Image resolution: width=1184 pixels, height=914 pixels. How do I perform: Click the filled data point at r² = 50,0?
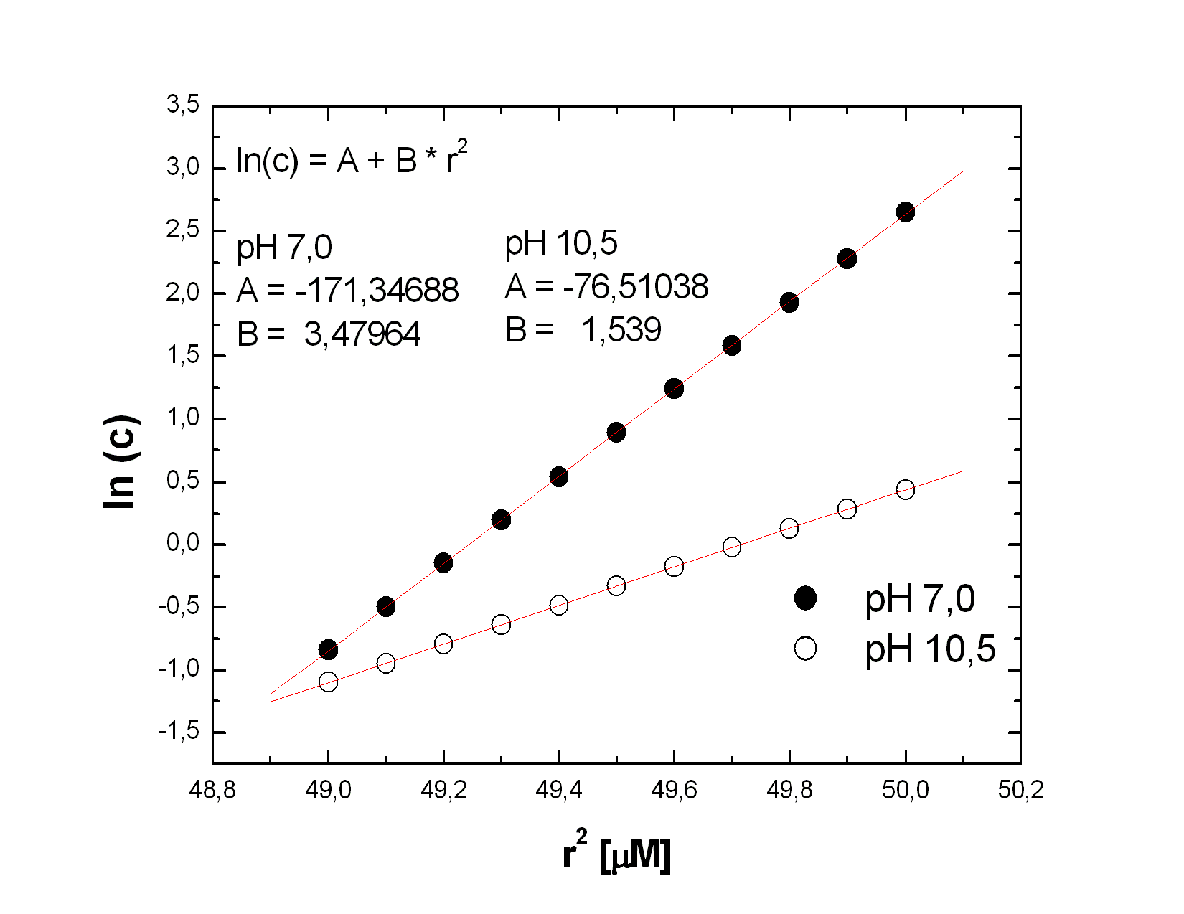point(905,212)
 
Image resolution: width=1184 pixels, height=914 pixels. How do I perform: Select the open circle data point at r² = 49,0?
point(328,682)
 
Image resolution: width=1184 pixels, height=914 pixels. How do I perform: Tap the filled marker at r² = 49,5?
point(616,432)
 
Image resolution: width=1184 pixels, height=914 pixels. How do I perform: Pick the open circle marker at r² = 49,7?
point(731,547)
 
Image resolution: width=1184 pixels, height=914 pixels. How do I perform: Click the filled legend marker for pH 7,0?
point(805,598)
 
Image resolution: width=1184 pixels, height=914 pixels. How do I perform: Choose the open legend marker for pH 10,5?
point(805,649)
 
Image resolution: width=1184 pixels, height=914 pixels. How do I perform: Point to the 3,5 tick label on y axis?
point(183,105)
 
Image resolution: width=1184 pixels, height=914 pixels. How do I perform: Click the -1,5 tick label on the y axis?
point(179,731)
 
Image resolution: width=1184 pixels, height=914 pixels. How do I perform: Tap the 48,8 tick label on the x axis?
point(212,790)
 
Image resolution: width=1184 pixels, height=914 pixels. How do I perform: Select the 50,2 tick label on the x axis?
point(1020,790)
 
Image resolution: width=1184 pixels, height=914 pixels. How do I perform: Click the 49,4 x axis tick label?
point(559,790)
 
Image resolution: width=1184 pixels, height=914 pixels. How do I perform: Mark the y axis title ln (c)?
point(121,463)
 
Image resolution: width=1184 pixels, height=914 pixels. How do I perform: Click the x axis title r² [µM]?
point(616,852)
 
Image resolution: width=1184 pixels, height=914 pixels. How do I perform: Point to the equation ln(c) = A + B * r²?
point(352,159)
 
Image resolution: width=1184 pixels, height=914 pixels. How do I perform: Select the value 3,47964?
point(362,334)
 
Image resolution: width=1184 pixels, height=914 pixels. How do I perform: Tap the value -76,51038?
point(636,287)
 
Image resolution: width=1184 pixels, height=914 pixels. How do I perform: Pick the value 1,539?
point(621,330)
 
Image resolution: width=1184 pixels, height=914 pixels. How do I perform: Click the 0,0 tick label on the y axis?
point(183,543)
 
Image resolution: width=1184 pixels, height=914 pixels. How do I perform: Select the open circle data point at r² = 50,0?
point(905,490)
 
